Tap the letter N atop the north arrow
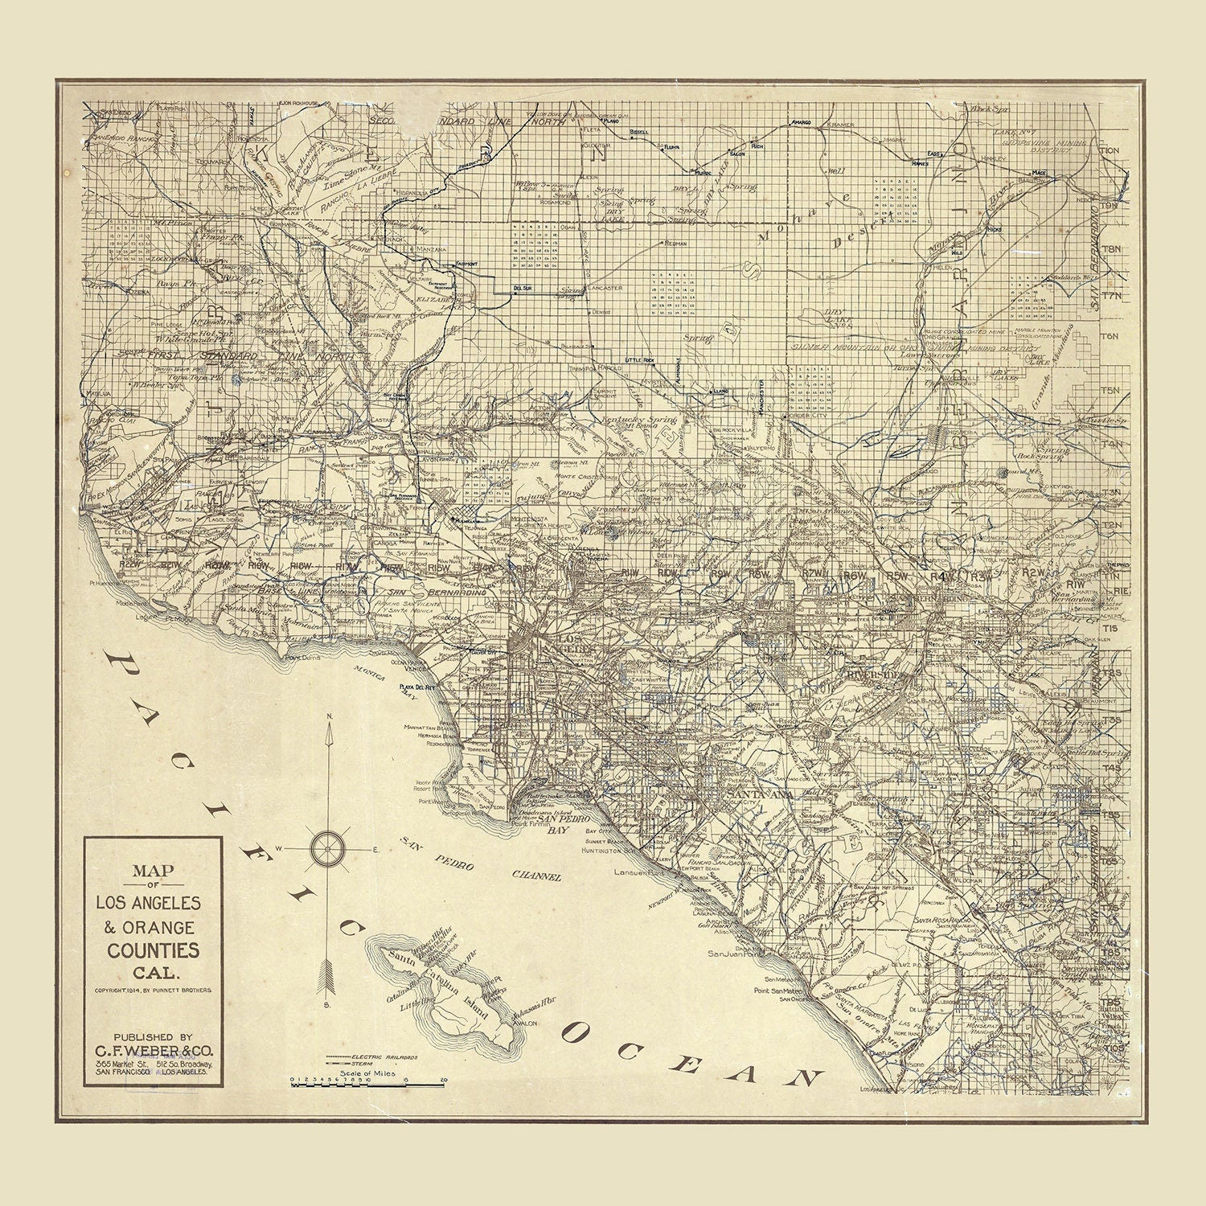click(x=328, y=716)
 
